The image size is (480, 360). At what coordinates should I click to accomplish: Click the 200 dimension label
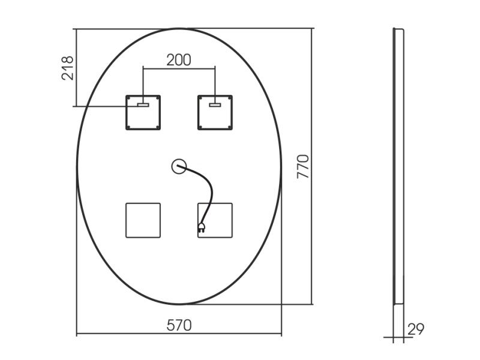(x=179, y=60)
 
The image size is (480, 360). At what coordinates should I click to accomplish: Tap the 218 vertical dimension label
(x=67, y=68)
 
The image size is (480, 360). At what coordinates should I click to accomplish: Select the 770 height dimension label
(x=303, y=167)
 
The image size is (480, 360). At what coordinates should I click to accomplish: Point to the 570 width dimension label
(x=179, y=325)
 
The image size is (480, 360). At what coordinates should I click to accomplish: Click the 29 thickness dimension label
(x=416, y=329)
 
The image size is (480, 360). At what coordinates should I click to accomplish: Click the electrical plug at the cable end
(x=202, y=227)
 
